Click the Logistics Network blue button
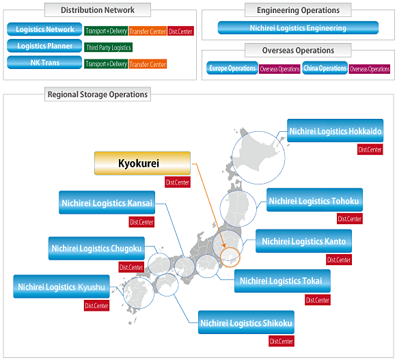click(x=44, y=29)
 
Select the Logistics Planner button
click(x=44, y=46)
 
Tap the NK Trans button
click(x=44, y=62)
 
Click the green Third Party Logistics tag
click(x=109, y=47)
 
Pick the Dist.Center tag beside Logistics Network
click(x=180, y=31)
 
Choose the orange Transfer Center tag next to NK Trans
click(x=148, y=64)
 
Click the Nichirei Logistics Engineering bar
click(x=298, y=27)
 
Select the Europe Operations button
click(x=232, y=68)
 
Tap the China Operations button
click(x=325, y=68)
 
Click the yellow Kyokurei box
click(x=142, y=163)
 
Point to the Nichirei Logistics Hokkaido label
click(x=336, y=130)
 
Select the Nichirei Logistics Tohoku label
click(x=314, y=200)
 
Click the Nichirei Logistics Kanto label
click(x=303, y=241)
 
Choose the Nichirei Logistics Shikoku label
click(x=246, y=322)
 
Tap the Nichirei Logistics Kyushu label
click(x=61, y=287)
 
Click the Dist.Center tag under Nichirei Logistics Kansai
click(x=141, y=222)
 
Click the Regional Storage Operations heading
click(x=98, y=94)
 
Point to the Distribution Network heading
click(x=98, y=10)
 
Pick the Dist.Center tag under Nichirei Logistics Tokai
click(x=318, y=300)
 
